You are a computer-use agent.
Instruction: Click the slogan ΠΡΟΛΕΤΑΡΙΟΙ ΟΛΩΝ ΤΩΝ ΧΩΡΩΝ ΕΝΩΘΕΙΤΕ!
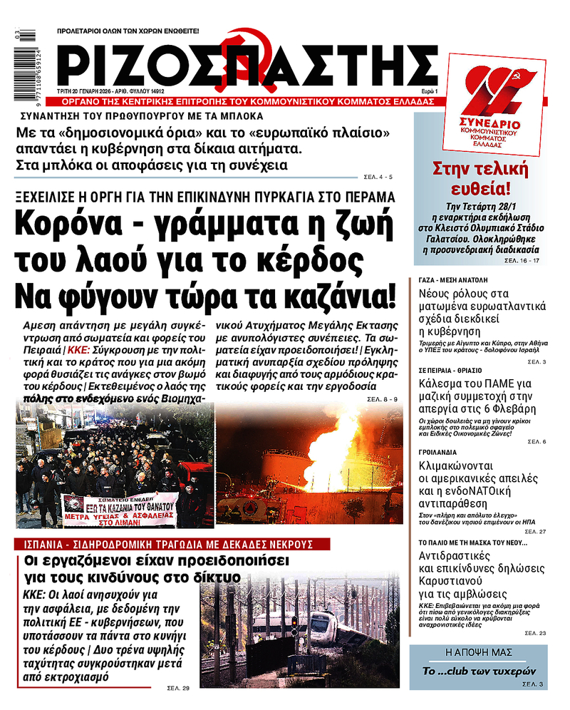click(128, 31)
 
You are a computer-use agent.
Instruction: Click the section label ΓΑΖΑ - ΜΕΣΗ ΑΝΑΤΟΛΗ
click(450, 281)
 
